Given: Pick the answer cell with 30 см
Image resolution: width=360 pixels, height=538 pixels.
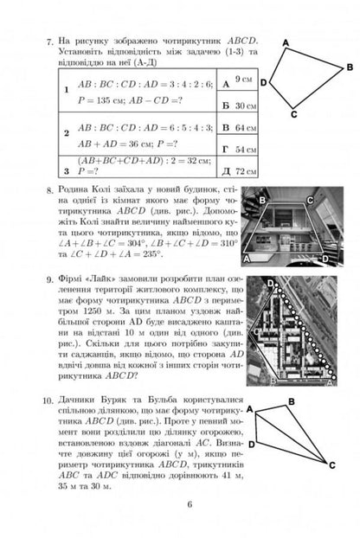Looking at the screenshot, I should click(x=242, y=106).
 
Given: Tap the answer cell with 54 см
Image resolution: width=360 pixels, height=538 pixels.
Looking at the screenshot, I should click(x=242, y=149).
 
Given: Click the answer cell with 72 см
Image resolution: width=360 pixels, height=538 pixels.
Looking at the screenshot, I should click(x=242, y=169).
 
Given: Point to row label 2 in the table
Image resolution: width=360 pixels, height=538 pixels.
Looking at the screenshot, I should click(x=66, y=133).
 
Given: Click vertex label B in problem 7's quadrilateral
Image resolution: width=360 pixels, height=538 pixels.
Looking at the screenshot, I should click(x=348, y=66).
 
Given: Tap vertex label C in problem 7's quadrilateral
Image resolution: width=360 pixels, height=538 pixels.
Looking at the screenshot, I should click(x=294, y=113).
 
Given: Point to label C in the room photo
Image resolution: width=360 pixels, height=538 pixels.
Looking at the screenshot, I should click(x=309, y=199).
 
